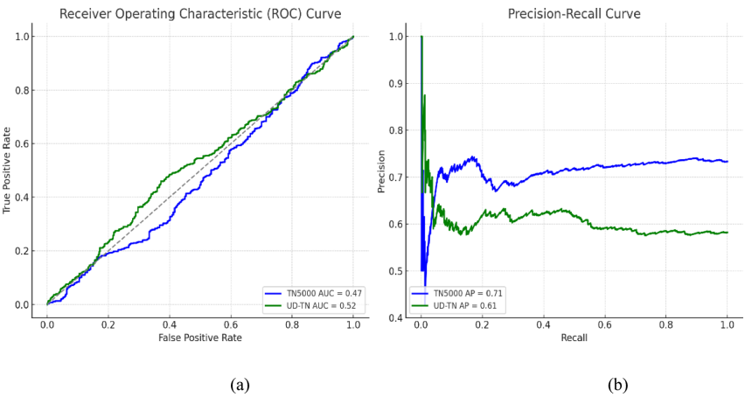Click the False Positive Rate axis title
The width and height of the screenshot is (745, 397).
pos(200,337)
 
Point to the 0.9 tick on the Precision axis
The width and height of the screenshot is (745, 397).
pos(399,83)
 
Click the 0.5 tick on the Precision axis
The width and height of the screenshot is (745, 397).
pos(399,270)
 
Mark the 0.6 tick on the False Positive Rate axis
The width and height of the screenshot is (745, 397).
pos(231,323)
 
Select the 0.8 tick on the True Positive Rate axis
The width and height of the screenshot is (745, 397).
pos(25,90)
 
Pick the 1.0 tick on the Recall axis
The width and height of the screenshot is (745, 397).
pos(727,323)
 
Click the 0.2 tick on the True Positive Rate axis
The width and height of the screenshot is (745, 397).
pos(25,251)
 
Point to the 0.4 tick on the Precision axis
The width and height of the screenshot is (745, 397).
pos(399,317)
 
